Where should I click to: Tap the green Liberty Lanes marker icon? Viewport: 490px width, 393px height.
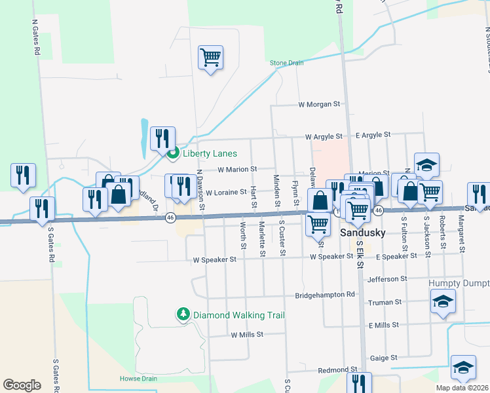[173, 155]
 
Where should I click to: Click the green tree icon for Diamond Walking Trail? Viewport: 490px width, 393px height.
[183, 315]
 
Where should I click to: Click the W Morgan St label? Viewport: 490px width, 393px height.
[320, 104]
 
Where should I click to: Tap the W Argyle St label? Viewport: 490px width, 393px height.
[324, 137]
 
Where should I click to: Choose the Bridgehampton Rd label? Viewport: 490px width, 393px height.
[324, 295]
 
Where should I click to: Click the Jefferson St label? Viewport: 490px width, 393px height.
[387, 279]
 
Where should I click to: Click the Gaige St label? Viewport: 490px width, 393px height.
[384, 358]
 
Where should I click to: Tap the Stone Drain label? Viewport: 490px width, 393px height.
[287, 63]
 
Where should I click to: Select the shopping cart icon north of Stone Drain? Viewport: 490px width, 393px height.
[210, 58]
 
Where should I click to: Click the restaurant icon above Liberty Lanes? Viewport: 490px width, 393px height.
[162, 138]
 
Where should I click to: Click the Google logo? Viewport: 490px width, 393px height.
[22, 385]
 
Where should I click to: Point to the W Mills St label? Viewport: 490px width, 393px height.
[246, 335]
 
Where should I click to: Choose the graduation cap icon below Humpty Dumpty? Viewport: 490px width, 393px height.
[443, 303]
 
